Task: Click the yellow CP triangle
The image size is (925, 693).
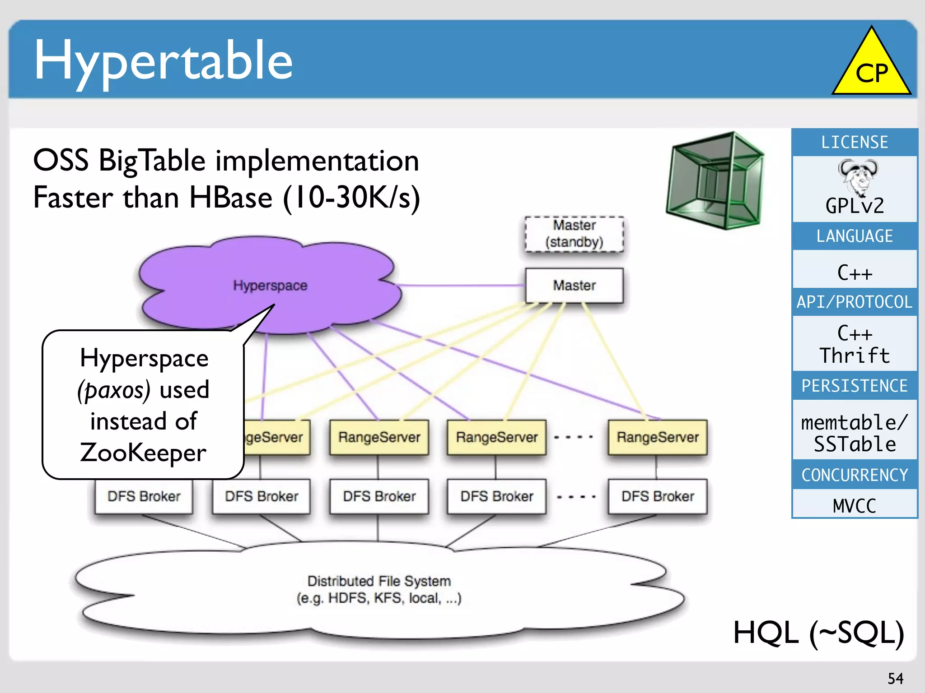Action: pyautogui.click(x=871, y=68)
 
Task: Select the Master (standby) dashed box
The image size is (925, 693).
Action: pyautogui.click(x=574, y=234)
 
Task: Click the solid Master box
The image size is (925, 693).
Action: pyautogui.click(x=574, y=286)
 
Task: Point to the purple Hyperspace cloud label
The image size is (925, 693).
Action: pyautogui.click(x=270, y=286)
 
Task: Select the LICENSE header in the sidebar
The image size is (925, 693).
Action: pyautogui.click(x=854, y=143)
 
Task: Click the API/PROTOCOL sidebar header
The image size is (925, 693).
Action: pyautogui.click(x=854, y=302)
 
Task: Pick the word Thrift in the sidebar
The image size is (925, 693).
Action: pyautogui.click(x=854, y=356)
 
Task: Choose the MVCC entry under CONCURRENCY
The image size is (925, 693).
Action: pyautogui.click(x=854, y=506)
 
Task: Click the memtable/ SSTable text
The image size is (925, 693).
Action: pyautogui.click(x=854, y=433)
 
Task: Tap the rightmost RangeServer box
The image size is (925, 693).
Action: pyautogui.click(x=658, y=437)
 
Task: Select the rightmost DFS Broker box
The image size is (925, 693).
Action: pyautogui.click(x=658, y=497)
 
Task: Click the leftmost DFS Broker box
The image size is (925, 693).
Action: pyautogui.click(x=144, y=497)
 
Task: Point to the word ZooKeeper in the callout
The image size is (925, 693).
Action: pyautogui.click(x=143, y=453)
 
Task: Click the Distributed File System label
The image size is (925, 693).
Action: pyautogui.click(x=379, y=581)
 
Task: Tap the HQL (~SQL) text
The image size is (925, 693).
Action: pyautogui.click(x=818, y=633)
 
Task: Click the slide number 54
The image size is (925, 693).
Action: pyautogui.click(x=895, y=679)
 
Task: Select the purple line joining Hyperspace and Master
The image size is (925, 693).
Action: pyautogui.click(x=461, y=286)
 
